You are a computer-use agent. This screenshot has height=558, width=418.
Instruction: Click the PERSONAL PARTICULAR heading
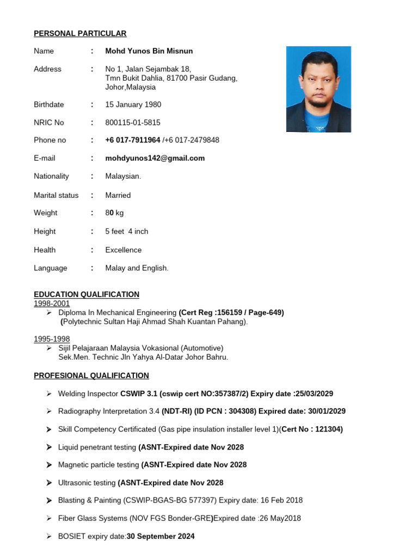[80, 34]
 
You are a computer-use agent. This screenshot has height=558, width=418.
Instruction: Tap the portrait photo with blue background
[318, 89]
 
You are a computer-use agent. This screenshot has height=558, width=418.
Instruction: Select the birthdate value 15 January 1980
[133, 105]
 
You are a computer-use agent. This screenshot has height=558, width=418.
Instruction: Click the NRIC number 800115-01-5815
[132, 123]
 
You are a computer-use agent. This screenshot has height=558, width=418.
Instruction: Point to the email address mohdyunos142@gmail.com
[155, 158]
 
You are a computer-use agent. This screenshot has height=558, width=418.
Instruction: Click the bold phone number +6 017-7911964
[132, 140]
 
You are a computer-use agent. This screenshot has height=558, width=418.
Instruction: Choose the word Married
[118, 195]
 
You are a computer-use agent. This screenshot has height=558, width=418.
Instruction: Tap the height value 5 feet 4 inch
[126, 232]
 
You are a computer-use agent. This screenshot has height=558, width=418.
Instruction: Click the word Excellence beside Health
[123, 250]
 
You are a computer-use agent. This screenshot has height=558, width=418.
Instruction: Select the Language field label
[51, 268]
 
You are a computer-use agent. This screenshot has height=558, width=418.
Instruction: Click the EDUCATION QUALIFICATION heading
[87, 294]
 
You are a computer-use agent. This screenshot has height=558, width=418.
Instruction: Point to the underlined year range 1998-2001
[52, 304]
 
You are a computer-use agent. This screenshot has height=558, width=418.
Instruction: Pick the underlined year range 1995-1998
[52, 339]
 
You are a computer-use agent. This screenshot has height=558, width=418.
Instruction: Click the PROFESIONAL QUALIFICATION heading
[91, 375]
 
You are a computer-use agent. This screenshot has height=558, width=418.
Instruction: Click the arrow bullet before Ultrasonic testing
[49, 483]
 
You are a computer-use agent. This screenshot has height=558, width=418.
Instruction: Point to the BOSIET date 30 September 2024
[161, 536]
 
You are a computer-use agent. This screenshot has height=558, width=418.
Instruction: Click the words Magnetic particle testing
[99, 465]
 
